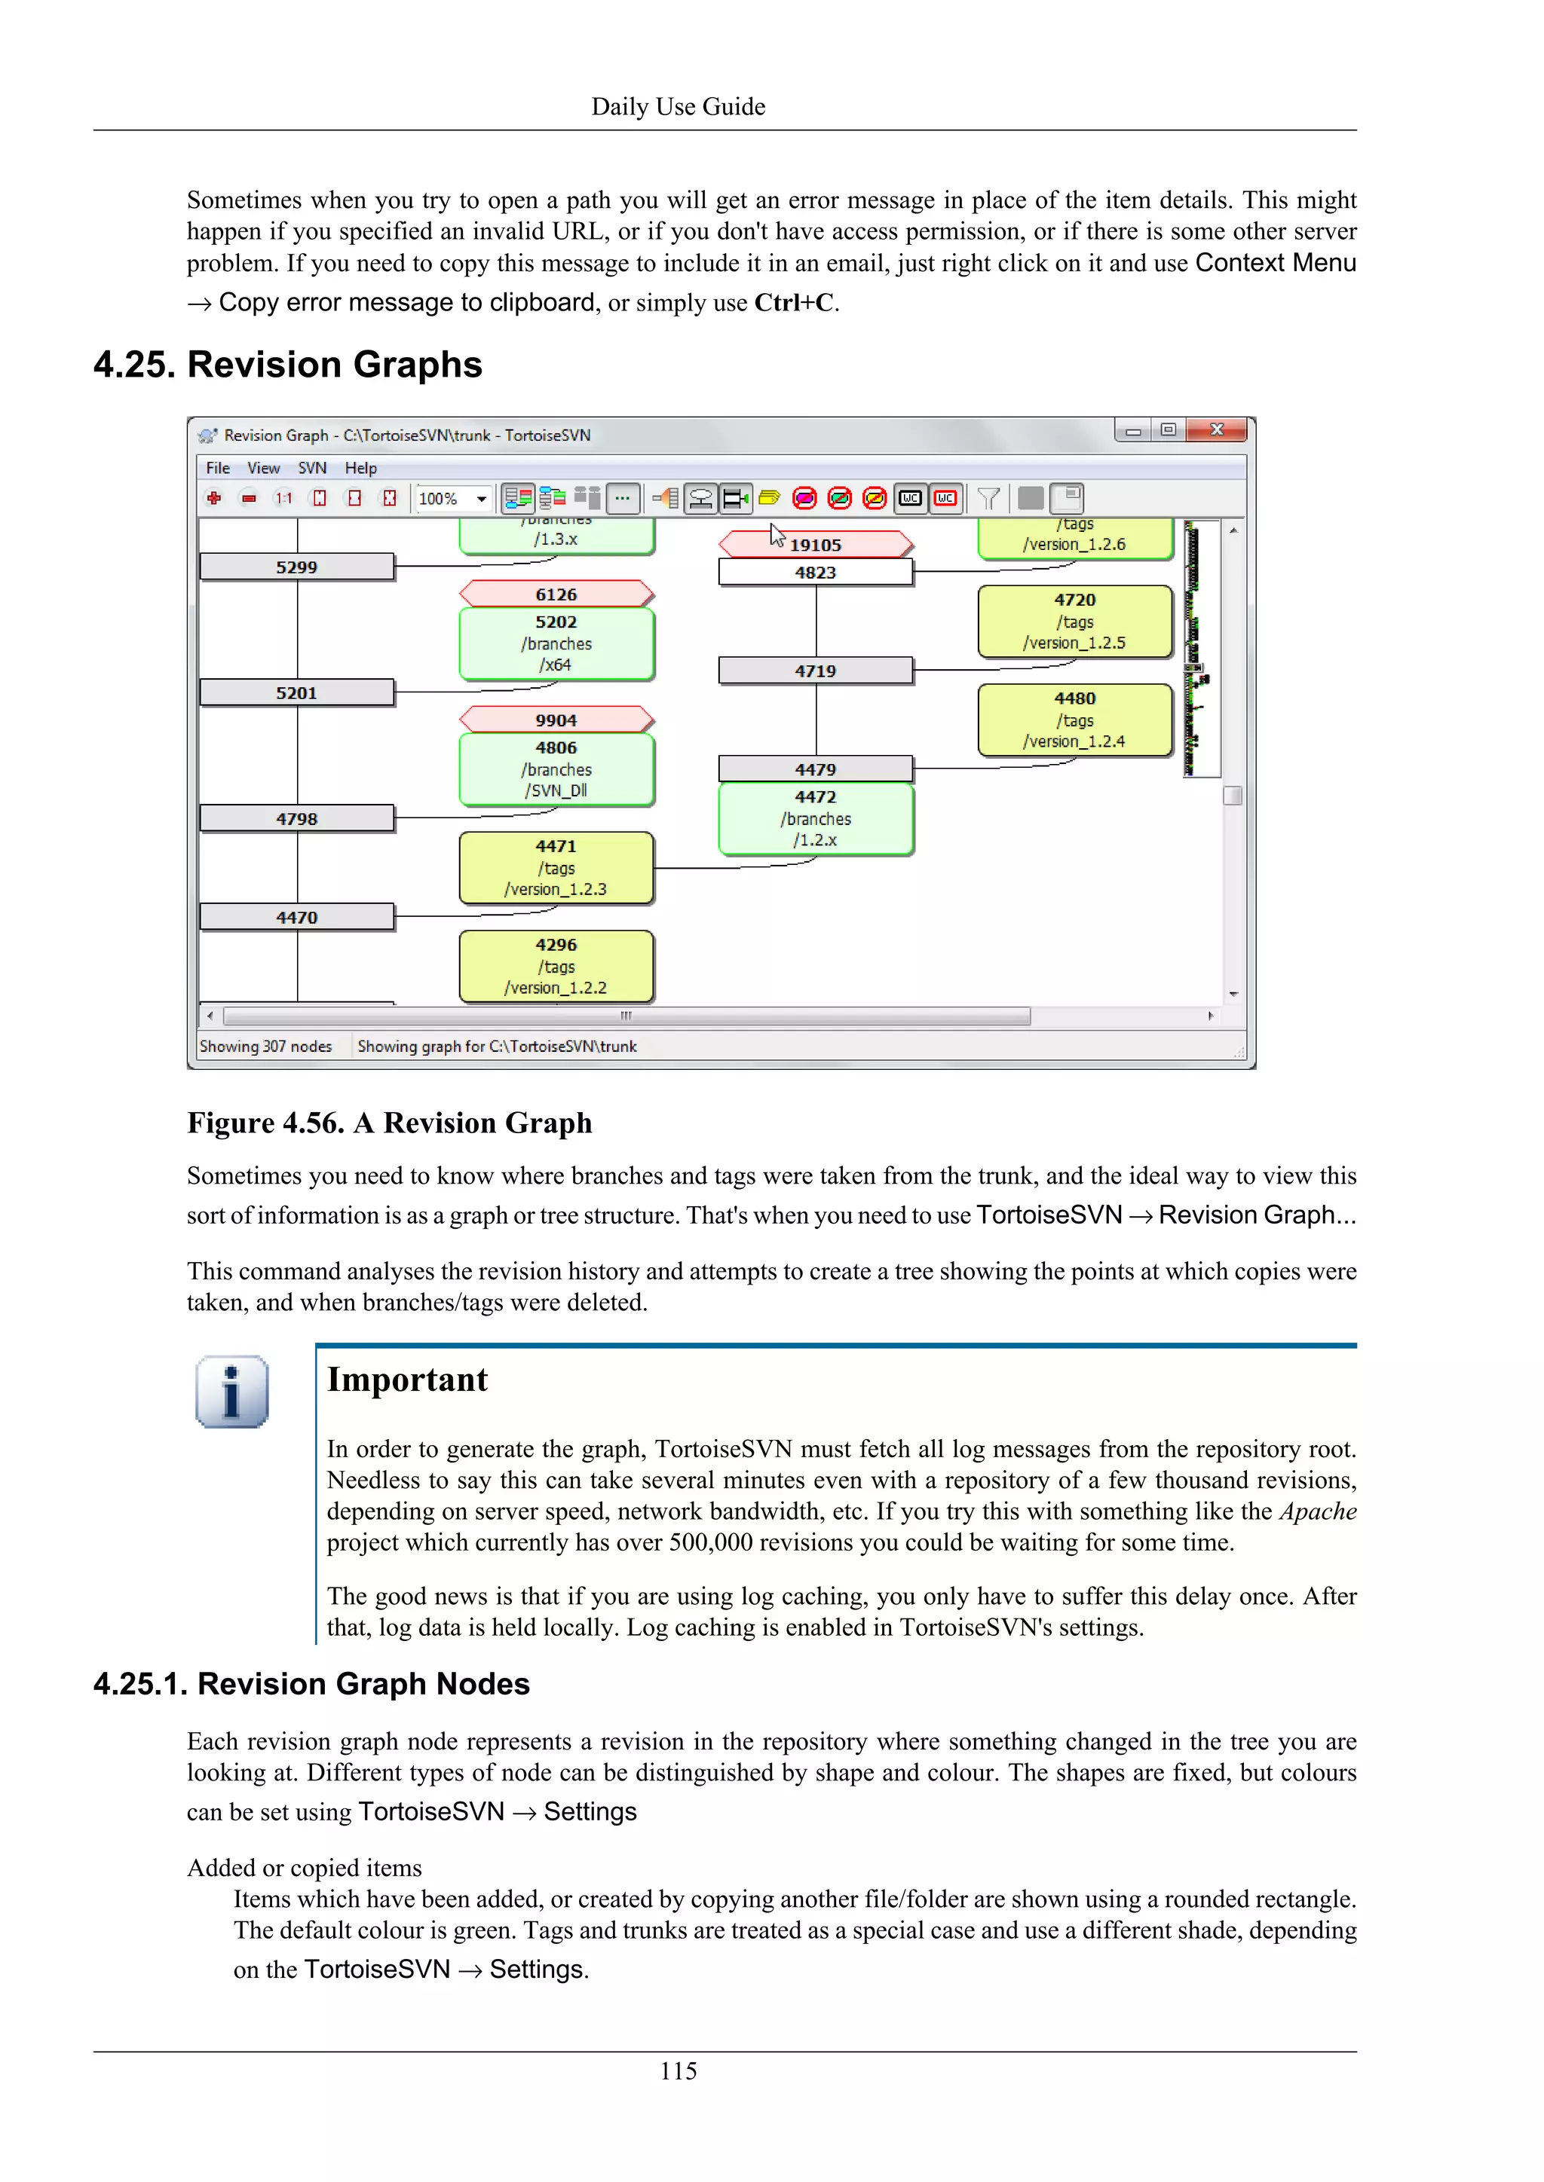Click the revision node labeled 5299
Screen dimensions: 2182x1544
tap(296, 567)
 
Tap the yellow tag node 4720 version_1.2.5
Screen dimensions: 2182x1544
tap(1074, 622)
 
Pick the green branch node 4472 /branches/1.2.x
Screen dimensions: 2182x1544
tap(816, 818)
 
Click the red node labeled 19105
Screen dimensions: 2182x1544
tap(816, 545)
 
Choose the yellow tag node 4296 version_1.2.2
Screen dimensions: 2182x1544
tap(556, 966)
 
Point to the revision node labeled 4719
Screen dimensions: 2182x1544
tap(816, 671)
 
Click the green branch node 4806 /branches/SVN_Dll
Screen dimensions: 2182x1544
tap(556, 769)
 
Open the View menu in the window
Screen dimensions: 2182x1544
tap(263, 468)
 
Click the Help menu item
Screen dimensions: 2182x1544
tap(360, 468)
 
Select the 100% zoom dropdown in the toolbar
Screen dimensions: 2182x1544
tap(452, 499)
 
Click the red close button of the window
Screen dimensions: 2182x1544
tap(1216, 430)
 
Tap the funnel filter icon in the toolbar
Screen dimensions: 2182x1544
tap(989, 498)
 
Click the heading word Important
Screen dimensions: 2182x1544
tap(407, 1380)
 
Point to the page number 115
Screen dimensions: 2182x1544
tap(678, 2070)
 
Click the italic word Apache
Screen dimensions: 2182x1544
tap(1318, 1511)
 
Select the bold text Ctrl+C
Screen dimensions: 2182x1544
tap(794, 303)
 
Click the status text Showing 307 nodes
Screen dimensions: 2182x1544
tap(265, 1047)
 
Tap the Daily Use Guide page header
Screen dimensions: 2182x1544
tap(678, 106)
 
